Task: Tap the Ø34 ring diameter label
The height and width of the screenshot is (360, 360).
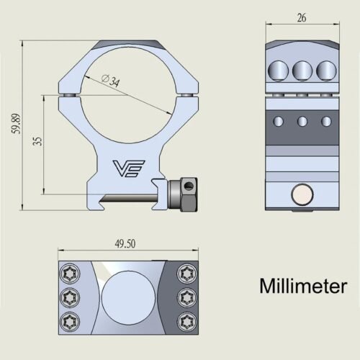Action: pos(111,80)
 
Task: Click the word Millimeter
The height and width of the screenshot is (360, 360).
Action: pos(303,286)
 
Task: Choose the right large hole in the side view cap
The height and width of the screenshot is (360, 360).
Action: pos(325,70)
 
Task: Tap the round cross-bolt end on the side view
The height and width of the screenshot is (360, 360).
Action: pos(302,194)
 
